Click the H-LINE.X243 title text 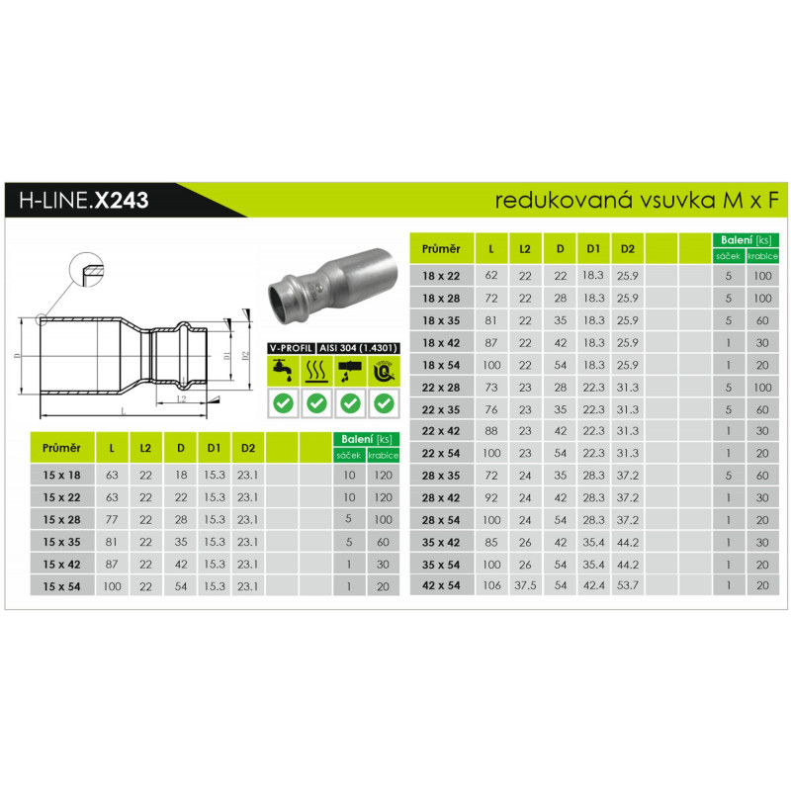pyautogui.click(x=84, y=201)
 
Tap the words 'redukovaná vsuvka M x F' pyautogui.click(x=637, y=201)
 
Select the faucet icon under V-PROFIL pyautogui.click(x=283, y=371)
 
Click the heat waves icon pyautogui.click(x=316, y=371)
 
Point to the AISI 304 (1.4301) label pyautogui.click(x=358, y=348)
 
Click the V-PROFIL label pyautogui.click(x=291, y=348)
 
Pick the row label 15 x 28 pyautogui.click(x=61, y=520)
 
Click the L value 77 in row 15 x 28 pyautogui.click(x=112, y=520)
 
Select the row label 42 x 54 pyautogui.click(x=441, y=585)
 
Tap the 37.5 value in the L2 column pyautogui.click(x=525, y=585)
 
